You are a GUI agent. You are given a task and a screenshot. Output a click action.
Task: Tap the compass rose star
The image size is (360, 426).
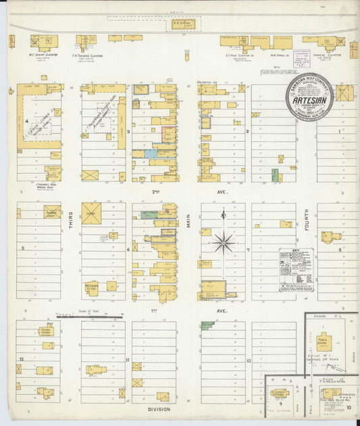[x=223, y=241]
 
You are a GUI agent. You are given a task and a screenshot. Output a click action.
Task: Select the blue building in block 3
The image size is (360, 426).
[x=151, y=154]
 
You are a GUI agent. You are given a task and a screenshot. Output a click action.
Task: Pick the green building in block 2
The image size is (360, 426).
[x=275, y=175]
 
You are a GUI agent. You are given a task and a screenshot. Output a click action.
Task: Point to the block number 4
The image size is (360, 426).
[x=26, y=122]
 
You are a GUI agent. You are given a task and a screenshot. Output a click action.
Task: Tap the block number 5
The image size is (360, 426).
[x=23, y=248]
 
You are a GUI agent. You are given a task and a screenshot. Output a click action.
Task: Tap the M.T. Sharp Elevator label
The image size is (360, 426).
[x=45, y=55]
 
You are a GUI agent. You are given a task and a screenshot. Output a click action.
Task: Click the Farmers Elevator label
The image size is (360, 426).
[x=328, y=55]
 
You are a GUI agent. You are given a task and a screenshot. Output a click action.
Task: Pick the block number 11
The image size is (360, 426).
[x=127, y=361]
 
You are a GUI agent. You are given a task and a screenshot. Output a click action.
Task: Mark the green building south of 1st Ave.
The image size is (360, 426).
[x=207, y=325]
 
